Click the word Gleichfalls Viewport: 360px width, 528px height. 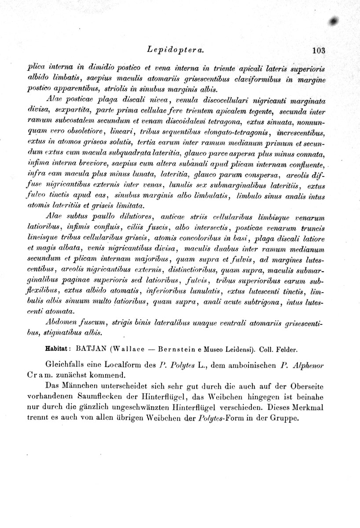(x=66, y=365)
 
